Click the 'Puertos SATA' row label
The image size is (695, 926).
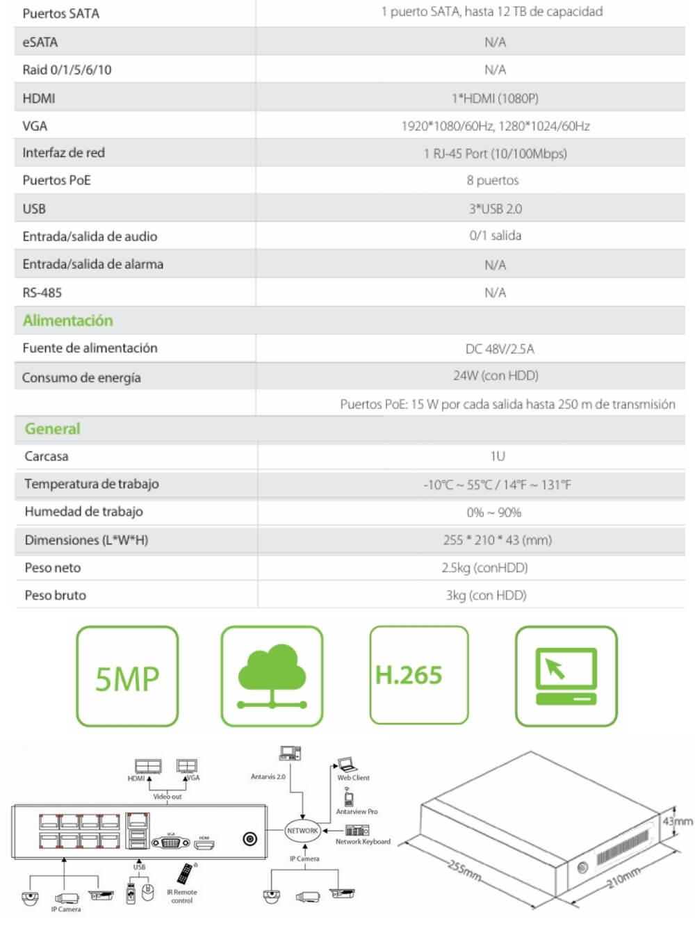coord(61,13)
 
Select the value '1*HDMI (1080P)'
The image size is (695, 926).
coord(495,98)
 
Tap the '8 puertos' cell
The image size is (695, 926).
coord(493,180)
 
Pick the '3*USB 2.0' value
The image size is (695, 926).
coord(495,209)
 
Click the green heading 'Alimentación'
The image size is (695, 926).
coord(67,320)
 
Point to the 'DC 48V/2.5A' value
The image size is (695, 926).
coord(500,348)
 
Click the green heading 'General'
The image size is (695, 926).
coord(53,429)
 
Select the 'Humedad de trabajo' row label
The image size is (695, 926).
coord(84,512)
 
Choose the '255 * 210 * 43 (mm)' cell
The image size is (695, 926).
coord(497,539)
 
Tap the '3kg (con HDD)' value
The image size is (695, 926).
coord(486,595)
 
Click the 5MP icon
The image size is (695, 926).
coord(127,676)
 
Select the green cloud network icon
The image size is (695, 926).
coord(272,676)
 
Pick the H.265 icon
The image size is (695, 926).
coord(418,675)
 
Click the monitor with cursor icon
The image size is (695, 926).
coord(566,676)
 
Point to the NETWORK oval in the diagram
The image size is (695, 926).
coord(302,830)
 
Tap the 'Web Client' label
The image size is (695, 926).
coord(353,778)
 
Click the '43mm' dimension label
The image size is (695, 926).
coord(677,821)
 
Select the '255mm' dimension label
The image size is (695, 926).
coord(464,870)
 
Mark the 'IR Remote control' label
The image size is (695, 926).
coord(182,896)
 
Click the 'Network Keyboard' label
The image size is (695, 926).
coord(363,842)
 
